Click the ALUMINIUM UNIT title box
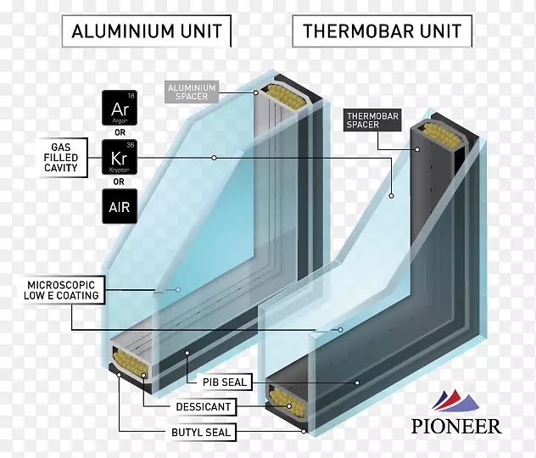coord(148,33)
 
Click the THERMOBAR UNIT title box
coord(382,33)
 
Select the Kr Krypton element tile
coord(119,157)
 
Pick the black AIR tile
coord(119,206)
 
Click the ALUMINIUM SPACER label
coord(191,92)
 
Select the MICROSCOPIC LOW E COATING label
coord(64,290)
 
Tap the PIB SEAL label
coord(224,382)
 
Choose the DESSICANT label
coord(203,407)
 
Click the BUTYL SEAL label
coord(200,433)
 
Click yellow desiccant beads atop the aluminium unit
coord(287,94)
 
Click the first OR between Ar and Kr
coord(119,132)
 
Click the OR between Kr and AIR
coord(119,182)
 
